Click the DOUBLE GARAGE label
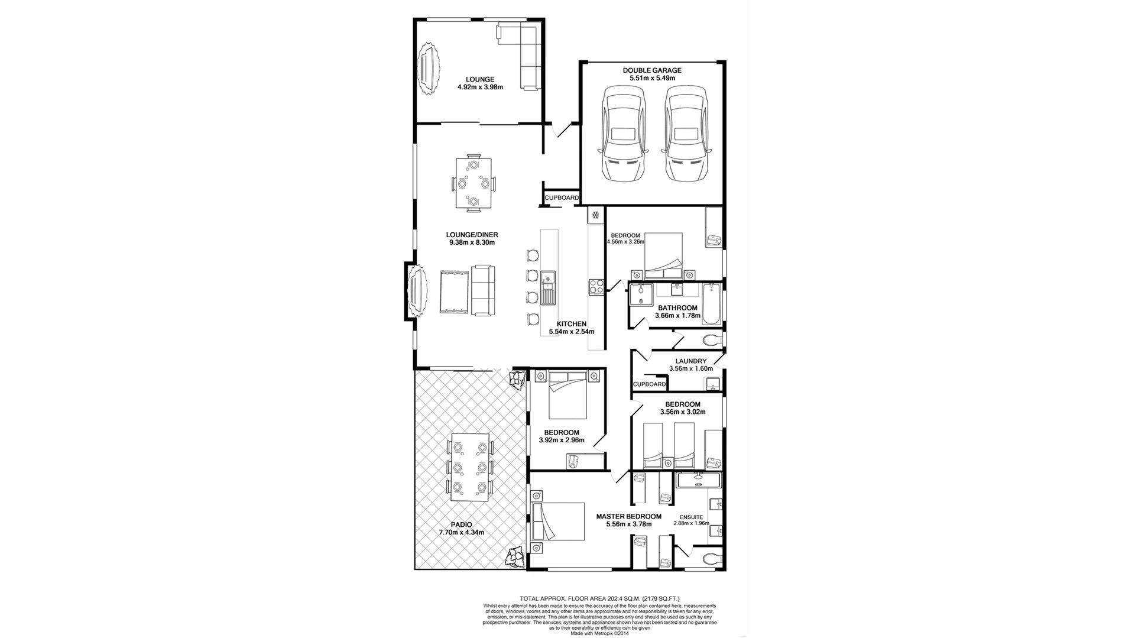coord(652,70)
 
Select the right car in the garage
coord(685,135)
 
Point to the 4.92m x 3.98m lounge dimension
coord(480,88)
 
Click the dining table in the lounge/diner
coord(473,183)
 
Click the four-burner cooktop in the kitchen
coord(596,287)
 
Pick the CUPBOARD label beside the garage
coord(562,198)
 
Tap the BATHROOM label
coord(677,308)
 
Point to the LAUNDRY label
coord(690,361)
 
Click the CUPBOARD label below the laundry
coord(649,384)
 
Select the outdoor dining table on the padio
coord(470,467)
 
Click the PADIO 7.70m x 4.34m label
coord(461,529)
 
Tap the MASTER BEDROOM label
coord(628,516)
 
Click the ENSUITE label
coord(690,517)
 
